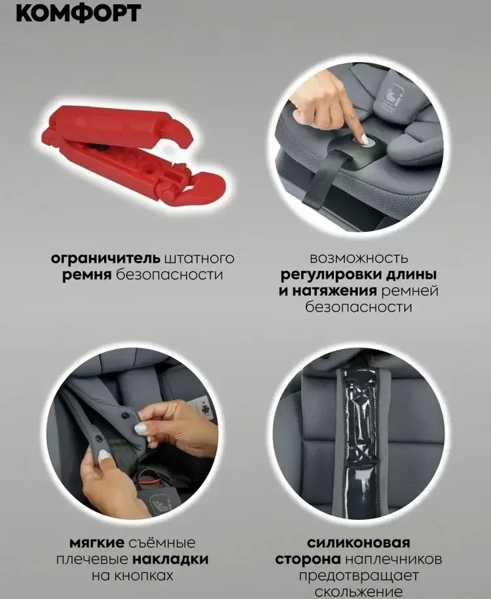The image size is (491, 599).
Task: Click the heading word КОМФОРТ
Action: (78, 13)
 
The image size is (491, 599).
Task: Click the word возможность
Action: (359, 258)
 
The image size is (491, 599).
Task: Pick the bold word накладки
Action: (173, 560)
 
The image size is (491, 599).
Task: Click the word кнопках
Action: (152, 576)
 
